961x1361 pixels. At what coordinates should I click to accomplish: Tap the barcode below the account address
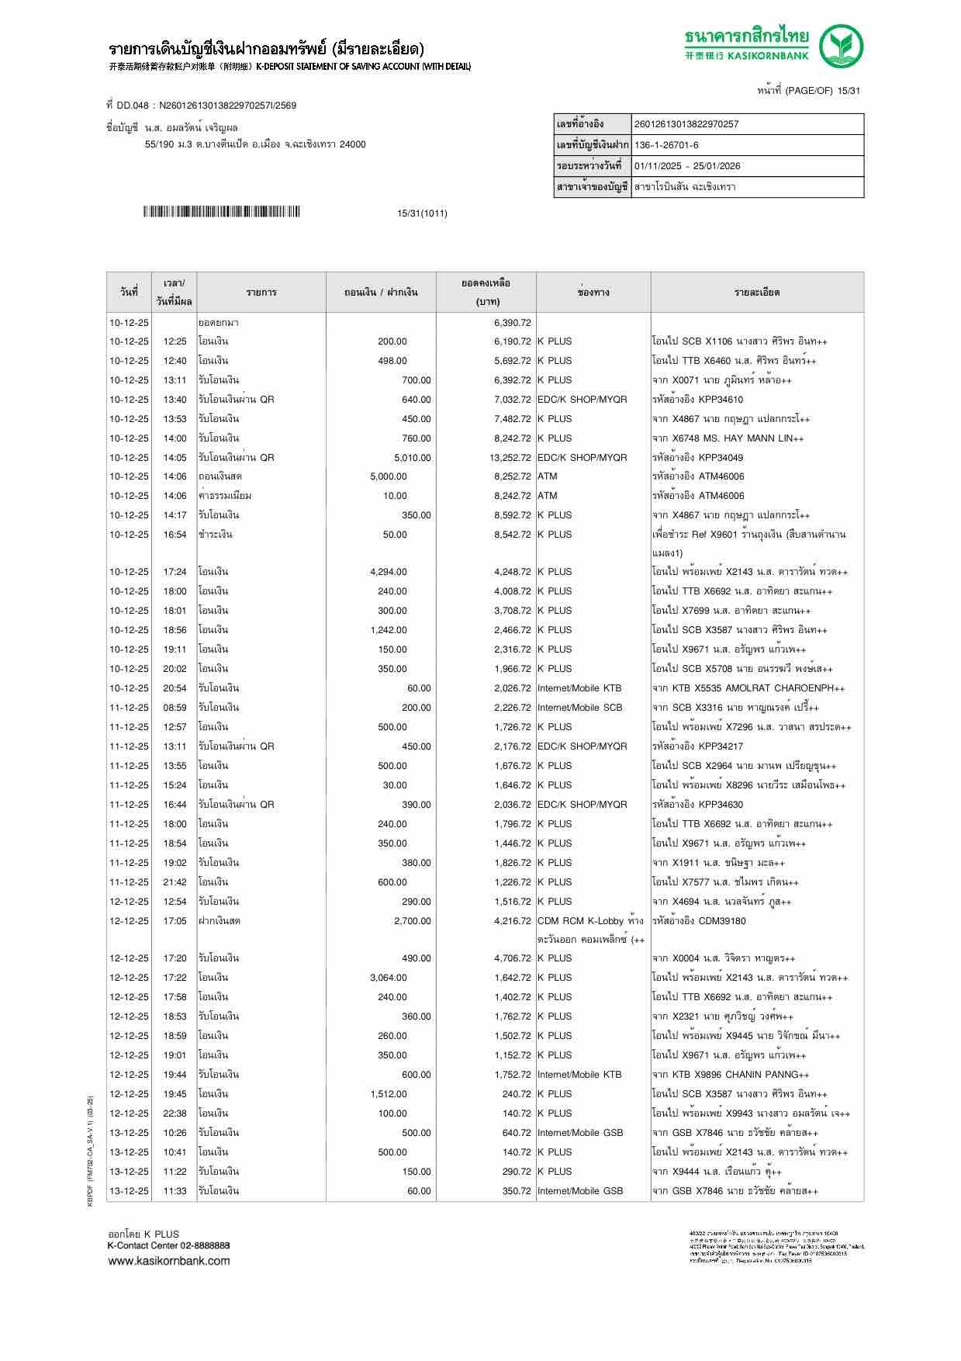(221, 212)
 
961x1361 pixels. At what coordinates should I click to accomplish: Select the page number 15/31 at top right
(849, 91)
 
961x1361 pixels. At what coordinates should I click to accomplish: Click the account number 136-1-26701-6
(666, 145)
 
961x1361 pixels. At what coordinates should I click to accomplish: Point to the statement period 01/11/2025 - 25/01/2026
(686, 166)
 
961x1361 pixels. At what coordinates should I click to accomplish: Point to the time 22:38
(175, 1113)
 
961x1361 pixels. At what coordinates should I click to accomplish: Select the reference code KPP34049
(721, 458)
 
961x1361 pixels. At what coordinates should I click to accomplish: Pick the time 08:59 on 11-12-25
(175, 708)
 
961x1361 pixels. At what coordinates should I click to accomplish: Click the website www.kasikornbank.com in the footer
(168, 1261)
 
